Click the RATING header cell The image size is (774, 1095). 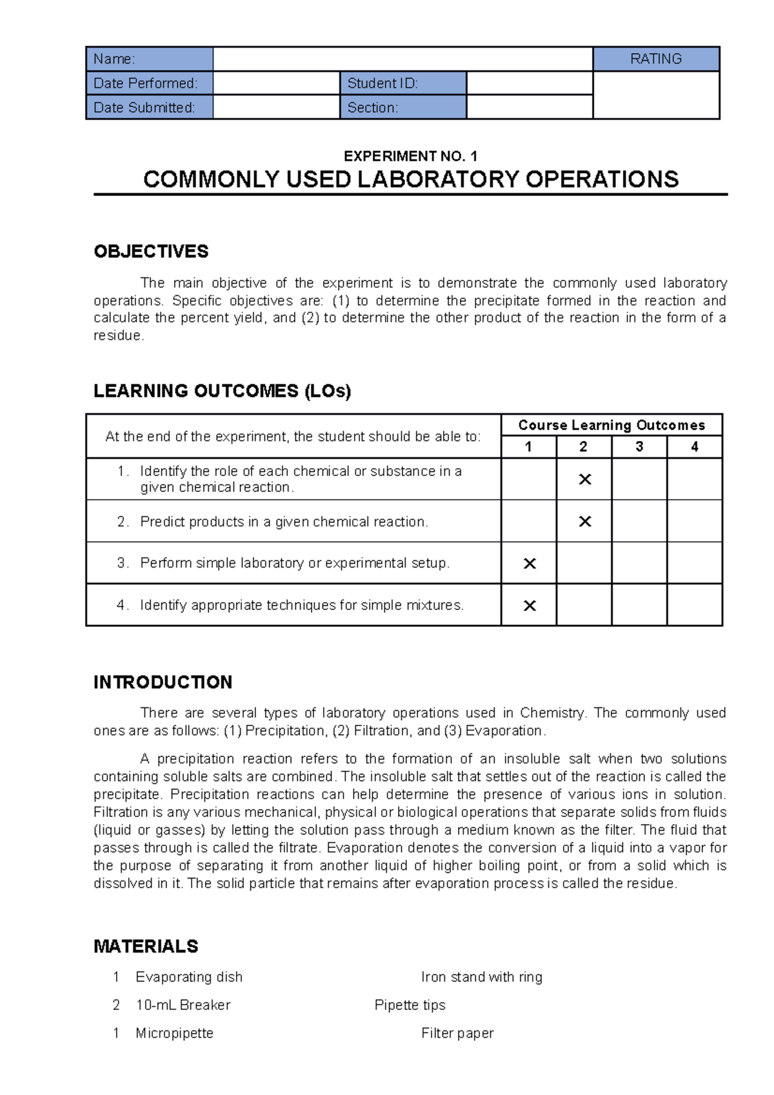click(x=655, y=59)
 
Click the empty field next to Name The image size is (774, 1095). click(x=402, y=59)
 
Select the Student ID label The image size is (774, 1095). click(x=382, y=83)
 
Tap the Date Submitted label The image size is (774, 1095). click(x=144, y=108)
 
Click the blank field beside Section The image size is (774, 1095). click(x=529, y=108)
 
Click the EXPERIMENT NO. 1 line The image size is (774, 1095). click(x=410, y=156)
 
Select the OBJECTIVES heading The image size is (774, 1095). click(x=151, y=252)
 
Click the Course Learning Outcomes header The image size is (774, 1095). click(x=611, y=425)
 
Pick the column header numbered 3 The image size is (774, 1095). click(x=639, y=446)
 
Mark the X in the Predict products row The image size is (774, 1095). click(x=584, y=521)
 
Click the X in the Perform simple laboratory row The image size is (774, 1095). click(x=530, y=564)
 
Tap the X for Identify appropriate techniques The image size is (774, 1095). click(x=530, y=606)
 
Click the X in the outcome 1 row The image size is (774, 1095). click(x=584, y=479)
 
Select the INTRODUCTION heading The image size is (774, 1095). click(x=163, y=682)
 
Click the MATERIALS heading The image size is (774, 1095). click(x=146, y=946)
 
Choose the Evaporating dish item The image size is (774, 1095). click(x=189, y=977)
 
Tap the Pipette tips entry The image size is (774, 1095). click(x=410, y=1005)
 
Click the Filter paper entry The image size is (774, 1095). click(x=457, y=1033)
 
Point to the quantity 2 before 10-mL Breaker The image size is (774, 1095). click(x=116, y=1005)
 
